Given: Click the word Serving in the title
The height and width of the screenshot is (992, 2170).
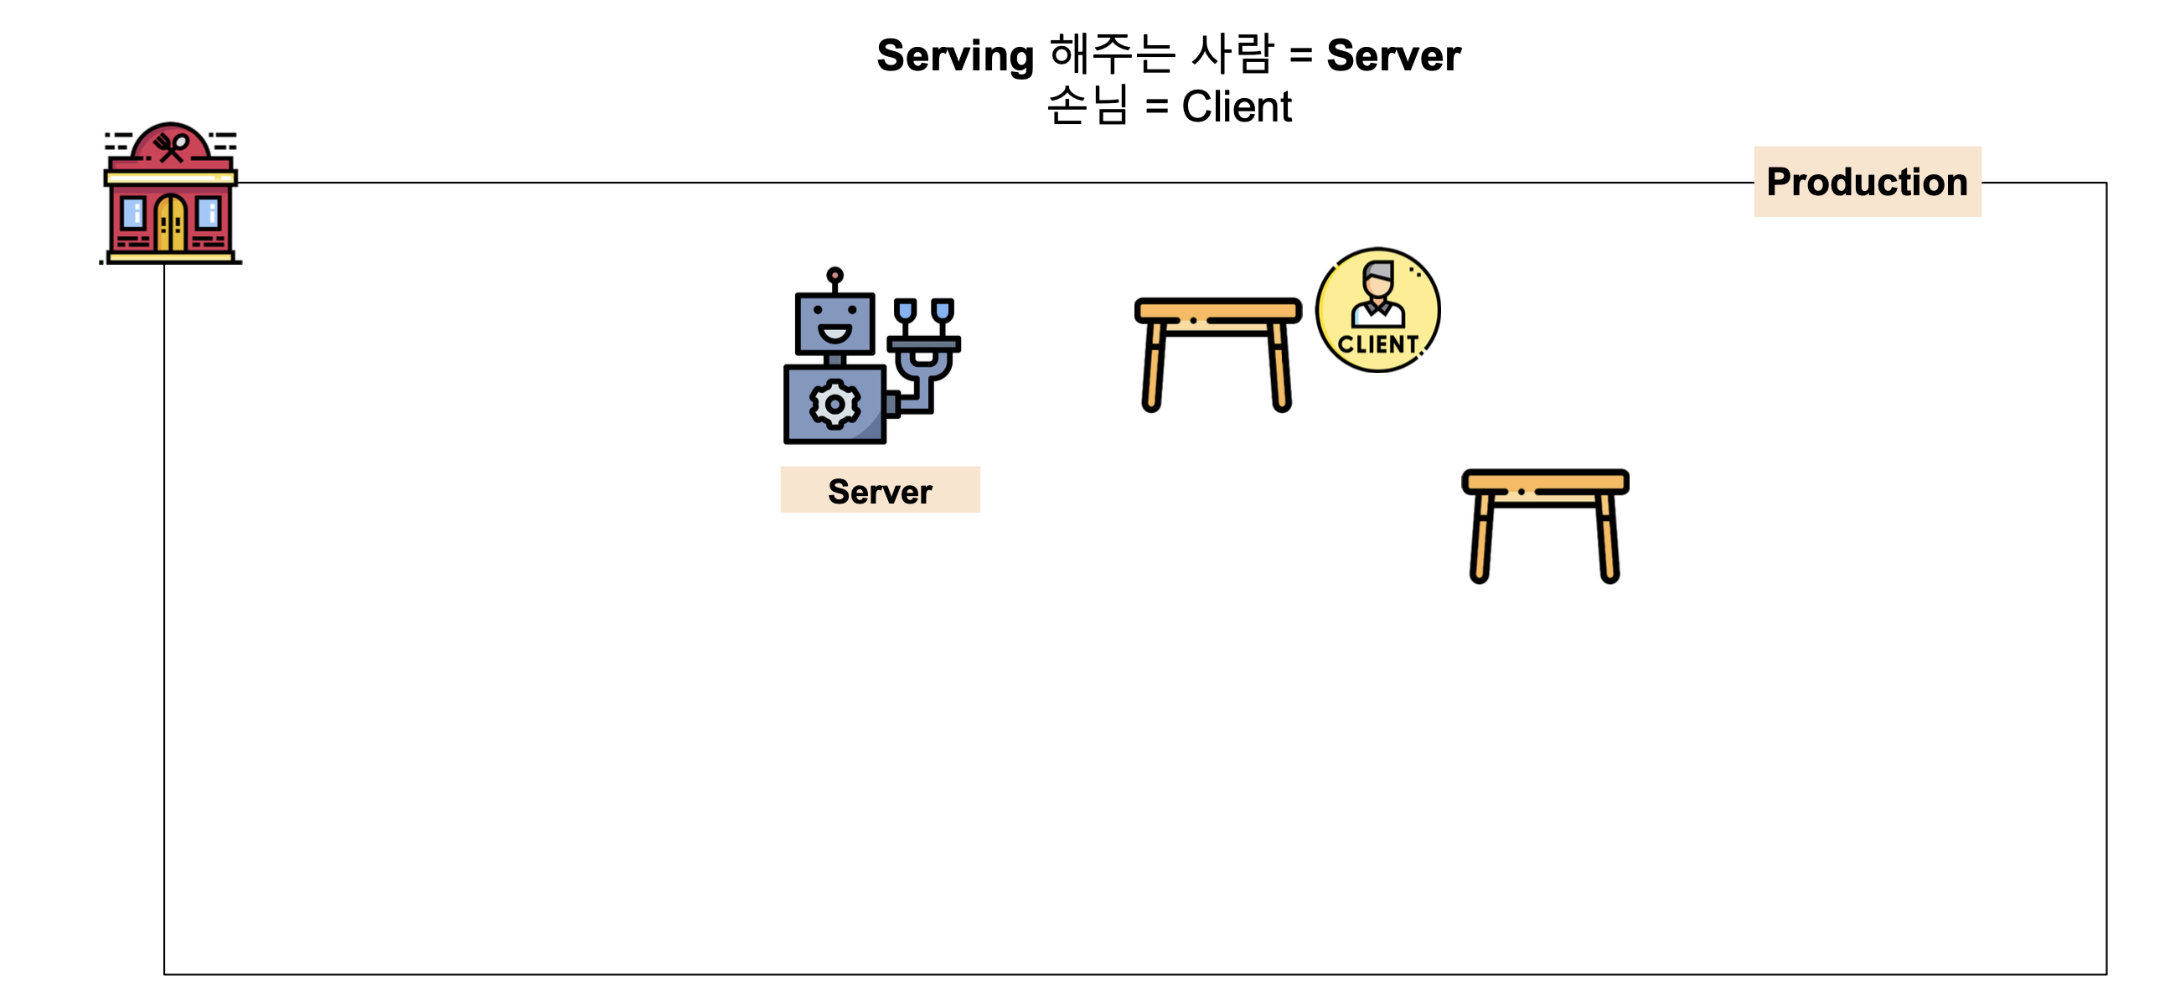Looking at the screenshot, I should click(954, 56).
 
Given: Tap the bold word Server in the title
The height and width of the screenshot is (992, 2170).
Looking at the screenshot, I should click(1393, 56).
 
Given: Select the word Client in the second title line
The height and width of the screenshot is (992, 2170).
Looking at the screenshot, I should click(1236, 107).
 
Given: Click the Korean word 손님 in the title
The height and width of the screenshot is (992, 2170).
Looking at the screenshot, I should click(1087, 107).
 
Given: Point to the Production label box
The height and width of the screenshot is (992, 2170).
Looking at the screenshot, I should click(1867, 182).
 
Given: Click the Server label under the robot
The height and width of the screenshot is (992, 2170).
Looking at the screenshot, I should click(880, 491).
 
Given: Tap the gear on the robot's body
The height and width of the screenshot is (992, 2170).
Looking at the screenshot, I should click(834, 404).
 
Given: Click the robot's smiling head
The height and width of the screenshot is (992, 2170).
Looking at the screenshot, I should click(834, 324).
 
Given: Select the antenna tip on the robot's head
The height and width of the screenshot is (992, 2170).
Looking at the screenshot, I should click(834, 276).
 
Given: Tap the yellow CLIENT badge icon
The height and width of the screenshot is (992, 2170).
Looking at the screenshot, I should click(1377, 310).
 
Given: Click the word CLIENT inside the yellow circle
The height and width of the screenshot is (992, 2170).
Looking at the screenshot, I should click(1377, 344).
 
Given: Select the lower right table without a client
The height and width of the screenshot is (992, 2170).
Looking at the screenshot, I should click(1544, 524).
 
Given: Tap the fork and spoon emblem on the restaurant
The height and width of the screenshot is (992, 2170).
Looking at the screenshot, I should click(172, 147).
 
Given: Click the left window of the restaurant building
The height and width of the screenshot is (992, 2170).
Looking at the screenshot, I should click(133, 213).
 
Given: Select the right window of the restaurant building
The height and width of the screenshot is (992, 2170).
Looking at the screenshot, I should click(208, 213).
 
